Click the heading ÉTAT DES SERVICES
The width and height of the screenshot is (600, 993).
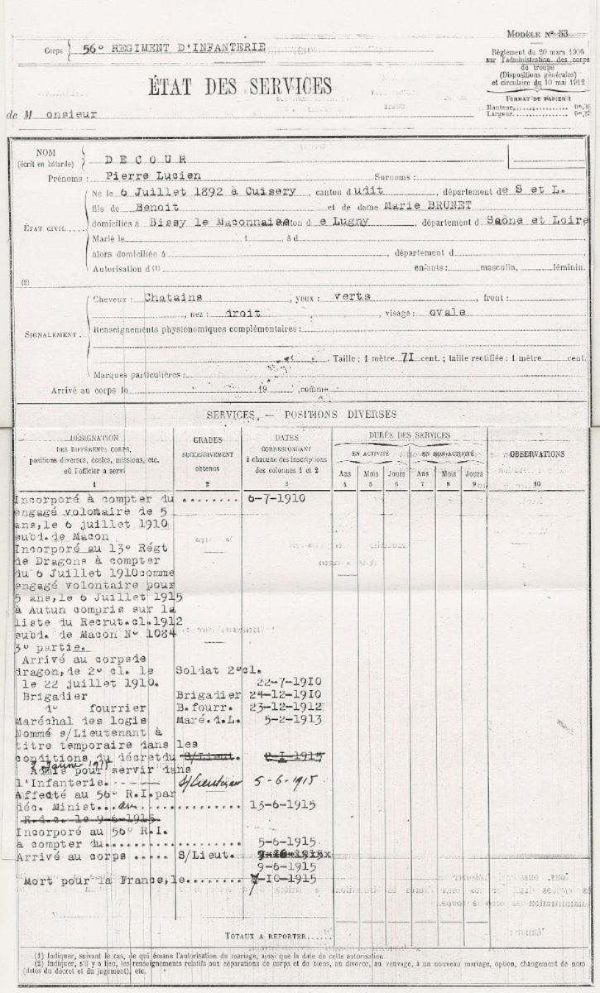point(242,87)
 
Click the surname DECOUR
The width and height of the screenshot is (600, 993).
point(150,158)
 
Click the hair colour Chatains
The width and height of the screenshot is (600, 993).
point(174,295)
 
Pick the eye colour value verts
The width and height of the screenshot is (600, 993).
point(350,295)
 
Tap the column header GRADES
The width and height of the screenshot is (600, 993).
point(208,441)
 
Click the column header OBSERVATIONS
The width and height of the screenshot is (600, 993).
point(536,454)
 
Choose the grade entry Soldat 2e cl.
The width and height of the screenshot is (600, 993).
point(208,669)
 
